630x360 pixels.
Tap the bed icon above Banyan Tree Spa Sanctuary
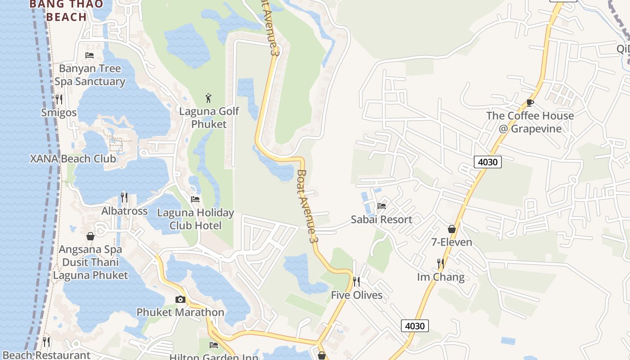click(90, 55)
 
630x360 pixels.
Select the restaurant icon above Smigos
click(59, 99)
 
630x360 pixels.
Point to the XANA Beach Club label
click(73, 159)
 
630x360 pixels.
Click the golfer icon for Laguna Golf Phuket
click(208, 98)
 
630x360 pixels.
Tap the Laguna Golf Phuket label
click(209, 117)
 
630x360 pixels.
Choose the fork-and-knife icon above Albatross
click(124, 197)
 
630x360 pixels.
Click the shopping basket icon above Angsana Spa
click(90, 236)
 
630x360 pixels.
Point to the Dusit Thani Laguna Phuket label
click(91, 269)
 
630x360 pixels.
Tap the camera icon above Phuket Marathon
click(180, 299)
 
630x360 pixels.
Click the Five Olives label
click(356, 295)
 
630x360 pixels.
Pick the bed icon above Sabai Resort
click(382, 206)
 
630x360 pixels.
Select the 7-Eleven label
click(452, 243)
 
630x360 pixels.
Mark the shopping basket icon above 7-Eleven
click(452, 229)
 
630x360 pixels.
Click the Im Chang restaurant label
click(441, 277)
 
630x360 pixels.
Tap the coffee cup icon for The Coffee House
click(530, 103)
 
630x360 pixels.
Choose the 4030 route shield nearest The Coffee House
click(488, 162)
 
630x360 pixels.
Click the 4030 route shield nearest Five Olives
click(414, 325)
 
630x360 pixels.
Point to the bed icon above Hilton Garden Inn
click(214, 345)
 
